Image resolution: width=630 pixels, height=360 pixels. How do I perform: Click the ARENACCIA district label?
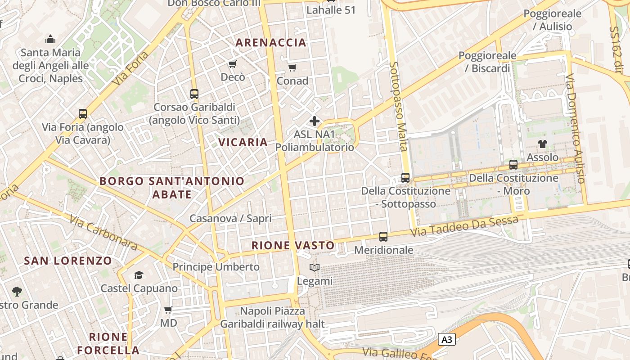click(x=271, y=43)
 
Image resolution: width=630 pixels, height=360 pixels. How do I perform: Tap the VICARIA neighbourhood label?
click(x=243, y=142)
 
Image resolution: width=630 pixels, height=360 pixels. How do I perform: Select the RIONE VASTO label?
click(x=293, y=245)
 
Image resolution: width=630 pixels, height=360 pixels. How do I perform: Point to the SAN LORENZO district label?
click(x=68, y=261)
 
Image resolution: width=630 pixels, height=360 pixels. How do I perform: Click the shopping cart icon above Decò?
click(x=233, y=64)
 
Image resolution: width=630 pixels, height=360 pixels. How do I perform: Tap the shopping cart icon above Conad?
click(x=292, y=68)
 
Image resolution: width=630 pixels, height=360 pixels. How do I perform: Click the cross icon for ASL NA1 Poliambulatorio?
click(x=315, y=121)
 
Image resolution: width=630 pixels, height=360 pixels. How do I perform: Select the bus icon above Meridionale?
click(x=383, y=236)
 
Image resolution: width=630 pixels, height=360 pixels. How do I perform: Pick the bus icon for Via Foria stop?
click(x=83, y=113)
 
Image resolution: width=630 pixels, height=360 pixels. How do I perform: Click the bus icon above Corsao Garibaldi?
click(x=194, y=94)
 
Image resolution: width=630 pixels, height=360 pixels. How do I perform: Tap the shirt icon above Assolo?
click(x=543, y=144)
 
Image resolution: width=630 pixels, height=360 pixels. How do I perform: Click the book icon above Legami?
click(x=315, y=268)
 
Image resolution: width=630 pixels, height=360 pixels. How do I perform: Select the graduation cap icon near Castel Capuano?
click(x=139, y=275)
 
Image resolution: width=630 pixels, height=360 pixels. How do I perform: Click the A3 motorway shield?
click(x=446, y=339)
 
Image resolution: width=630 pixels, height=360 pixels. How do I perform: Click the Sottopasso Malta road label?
click(x=398, y=107)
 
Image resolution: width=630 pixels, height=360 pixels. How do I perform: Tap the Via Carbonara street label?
click(x=103, y=232)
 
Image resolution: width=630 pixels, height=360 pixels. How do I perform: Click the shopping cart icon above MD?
click(x=168, y=310)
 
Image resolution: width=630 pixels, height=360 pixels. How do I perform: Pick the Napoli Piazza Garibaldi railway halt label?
click(x=272, y=317)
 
